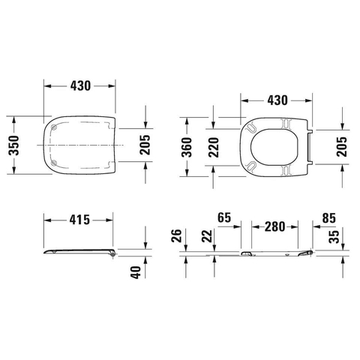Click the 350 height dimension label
[13, 145]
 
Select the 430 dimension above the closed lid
[80, 86]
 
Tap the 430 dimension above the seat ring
[277, 100]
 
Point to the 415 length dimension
[79, 220]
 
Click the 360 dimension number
[187, 147]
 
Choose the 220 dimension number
[214, 147]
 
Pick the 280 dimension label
[274, 226]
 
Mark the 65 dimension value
[224, 217]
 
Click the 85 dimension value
[328, 218]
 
